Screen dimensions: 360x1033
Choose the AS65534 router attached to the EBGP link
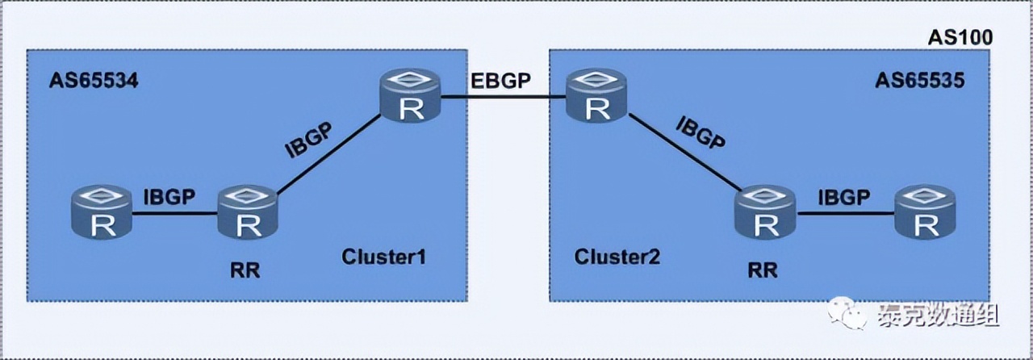pos(412,96)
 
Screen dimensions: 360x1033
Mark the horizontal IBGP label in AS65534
pos(170,198)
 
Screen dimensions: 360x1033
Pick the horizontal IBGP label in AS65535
pos(844,198)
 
